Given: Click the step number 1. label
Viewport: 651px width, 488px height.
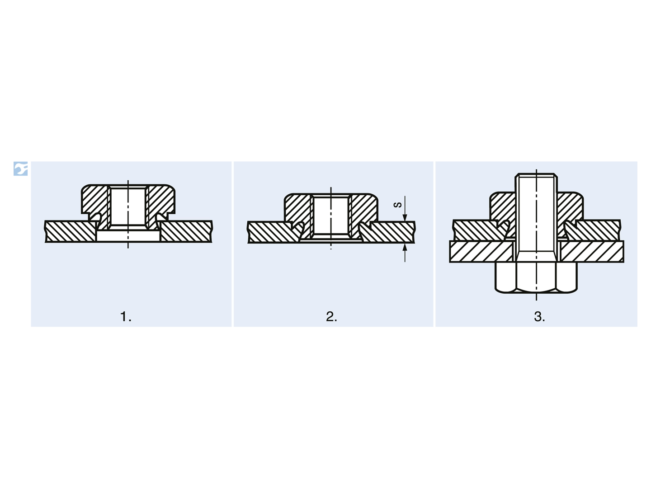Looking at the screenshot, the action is click(x=126, y=317).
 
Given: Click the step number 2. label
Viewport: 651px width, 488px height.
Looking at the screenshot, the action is click(x=331, y=317).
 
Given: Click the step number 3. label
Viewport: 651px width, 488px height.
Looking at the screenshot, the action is click(x=539, y=317).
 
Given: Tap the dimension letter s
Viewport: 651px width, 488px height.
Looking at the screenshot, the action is click(x=398, y=205).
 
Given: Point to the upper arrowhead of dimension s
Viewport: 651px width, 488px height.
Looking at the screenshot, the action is click(x=405, y=217).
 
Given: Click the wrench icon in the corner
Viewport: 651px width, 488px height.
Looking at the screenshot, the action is click(x=20, y=169).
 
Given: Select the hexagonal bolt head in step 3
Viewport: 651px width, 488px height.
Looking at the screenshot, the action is click(x=536, y=277).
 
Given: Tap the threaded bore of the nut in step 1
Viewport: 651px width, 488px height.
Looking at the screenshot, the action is click(x=128, y=206).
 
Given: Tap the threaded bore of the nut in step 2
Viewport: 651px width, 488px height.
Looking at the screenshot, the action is click(x=330, y=215).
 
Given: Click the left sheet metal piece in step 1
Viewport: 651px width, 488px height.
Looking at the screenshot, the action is click(x=71, y=231).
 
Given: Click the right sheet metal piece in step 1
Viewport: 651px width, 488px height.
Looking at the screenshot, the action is click(x=186, y=231).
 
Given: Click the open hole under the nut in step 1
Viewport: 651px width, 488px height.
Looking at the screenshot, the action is click(x=128, y=236).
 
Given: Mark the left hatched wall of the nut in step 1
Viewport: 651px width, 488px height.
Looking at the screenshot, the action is click(x=94, y=202).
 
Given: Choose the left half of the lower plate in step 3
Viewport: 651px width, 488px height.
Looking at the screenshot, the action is click(x=481, y=251).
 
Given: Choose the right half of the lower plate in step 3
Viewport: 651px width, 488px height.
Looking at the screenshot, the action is click(x=591, y=251).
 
